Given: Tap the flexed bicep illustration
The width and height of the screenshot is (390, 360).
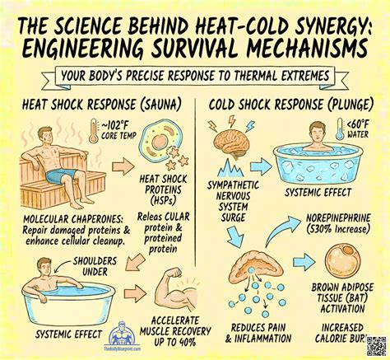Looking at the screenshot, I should tap(172, 291).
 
